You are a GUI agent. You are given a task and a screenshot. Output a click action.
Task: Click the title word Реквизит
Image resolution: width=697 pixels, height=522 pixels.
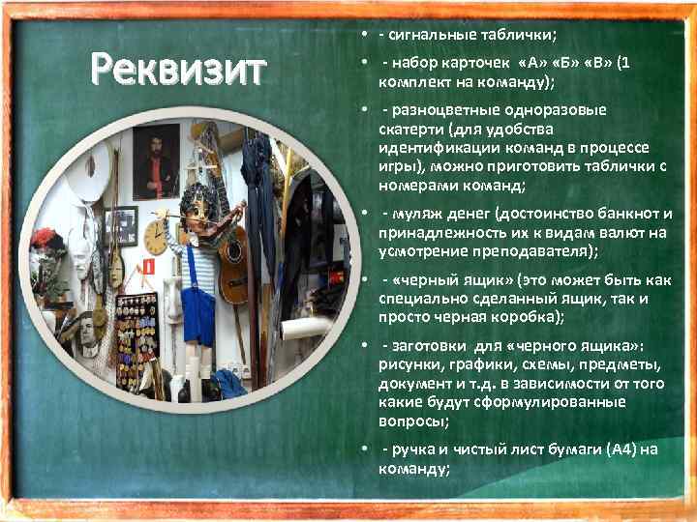[x=177, y=70]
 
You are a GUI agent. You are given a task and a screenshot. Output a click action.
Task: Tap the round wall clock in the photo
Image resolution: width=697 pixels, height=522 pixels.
[x=156, y=238]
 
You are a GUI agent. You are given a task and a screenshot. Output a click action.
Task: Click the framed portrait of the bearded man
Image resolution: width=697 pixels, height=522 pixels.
[x=155, y=160]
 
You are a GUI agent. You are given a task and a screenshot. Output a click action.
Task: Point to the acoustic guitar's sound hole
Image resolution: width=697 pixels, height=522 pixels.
[x=233, y=255]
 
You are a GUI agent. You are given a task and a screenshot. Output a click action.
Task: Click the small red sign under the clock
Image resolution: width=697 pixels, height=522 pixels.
[x=149, y=266]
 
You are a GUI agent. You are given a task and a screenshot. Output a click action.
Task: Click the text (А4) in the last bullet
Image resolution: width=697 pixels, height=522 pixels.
[x=622, y=449]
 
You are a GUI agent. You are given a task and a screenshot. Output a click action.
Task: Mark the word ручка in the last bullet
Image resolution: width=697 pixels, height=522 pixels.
[x=415, y=449]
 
